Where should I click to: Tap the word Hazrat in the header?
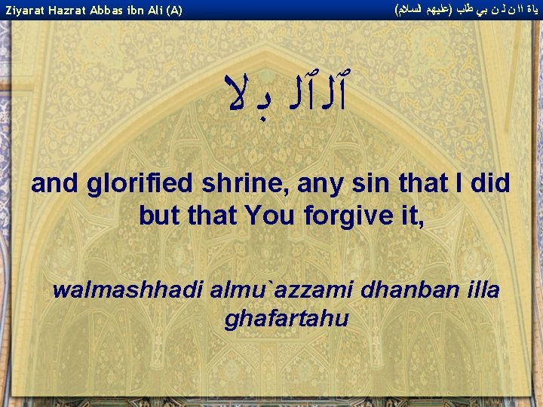click(x=68, y=11)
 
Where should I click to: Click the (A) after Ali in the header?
click(x=174, y=11)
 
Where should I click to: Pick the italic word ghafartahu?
click(x=287, y=319)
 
